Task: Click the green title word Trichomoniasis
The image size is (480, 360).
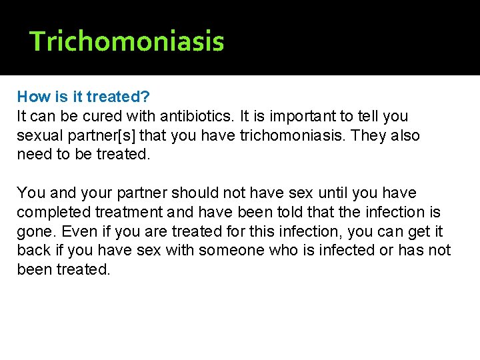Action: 127,41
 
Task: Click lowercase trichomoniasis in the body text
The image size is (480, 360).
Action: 287,136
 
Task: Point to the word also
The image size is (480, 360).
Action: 405,136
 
